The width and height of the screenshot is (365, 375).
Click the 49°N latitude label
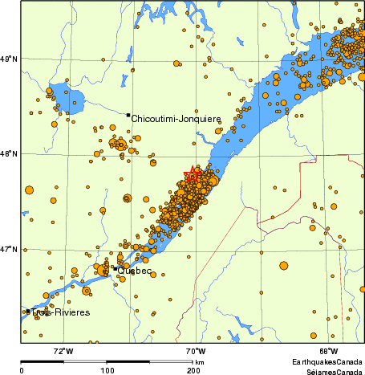click(x=9, y=59)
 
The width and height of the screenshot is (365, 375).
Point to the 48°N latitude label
click(x=9, y=153)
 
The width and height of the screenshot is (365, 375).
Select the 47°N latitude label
click(x=9, y=249)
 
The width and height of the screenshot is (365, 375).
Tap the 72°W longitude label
click(x=63, y=351)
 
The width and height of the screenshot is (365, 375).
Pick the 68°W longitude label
click(x=327, y=351)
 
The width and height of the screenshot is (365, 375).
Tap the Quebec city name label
click(x=134, y=271)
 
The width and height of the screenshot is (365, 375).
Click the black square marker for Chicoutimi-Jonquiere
click(x=128, y=115)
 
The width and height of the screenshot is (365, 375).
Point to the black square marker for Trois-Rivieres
click(x=28, y=312)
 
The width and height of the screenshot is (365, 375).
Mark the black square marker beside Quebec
click(x=115, y=268)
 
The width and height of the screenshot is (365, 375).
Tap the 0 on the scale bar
click(x=21, y=370)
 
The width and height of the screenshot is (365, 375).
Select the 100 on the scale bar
click(x=107, y=370)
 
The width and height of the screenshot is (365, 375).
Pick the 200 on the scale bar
click(x=193, y=370)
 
